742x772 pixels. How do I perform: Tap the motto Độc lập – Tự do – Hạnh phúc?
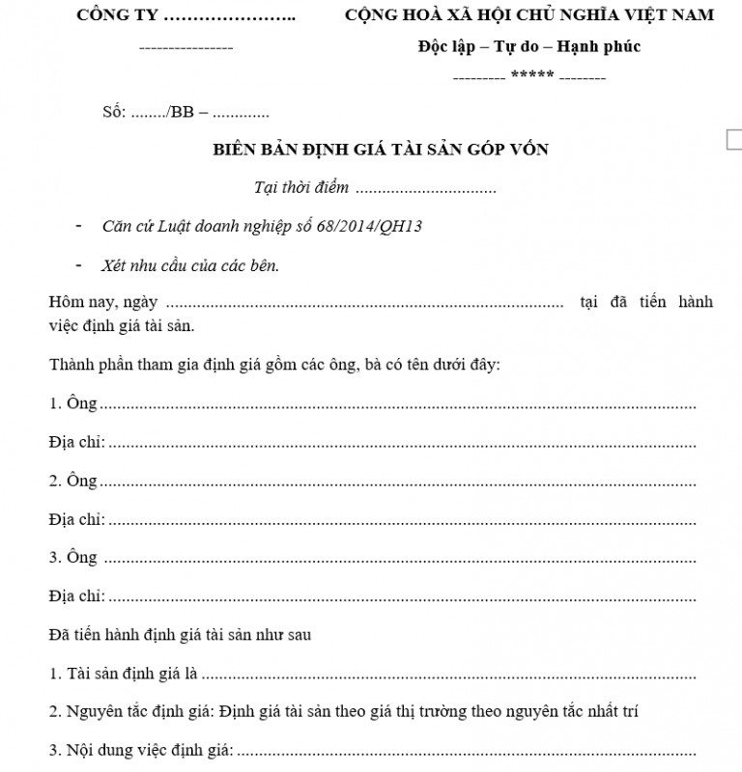pos(529,46)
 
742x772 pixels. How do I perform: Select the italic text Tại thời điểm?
pos(300,188)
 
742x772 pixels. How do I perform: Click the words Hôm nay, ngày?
pos(103,303)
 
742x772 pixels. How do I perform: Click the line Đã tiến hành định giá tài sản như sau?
pos(179,635)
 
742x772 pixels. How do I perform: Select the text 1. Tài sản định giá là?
pos(123,674)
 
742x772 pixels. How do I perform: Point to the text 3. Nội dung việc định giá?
pos(141,750)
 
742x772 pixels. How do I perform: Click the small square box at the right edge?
pos(734,140)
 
